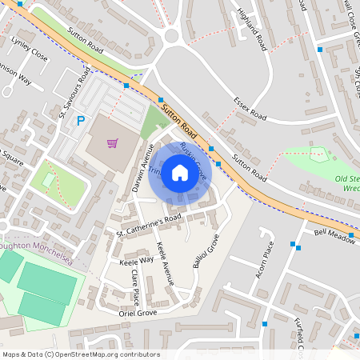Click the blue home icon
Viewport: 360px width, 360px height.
click(x=180, y=172)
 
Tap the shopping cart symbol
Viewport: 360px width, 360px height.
click(x=113, y=144)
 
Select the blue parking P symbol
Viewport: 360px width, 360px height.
click(x=80, y=121)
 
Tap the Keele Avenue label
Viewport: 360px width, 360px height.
click(x=166, y=263)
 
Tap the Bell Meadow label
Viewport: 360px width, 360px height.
click(x=334, y=233)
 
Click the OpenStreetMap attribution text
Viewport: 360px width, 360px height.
click(x=81, y=354)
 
